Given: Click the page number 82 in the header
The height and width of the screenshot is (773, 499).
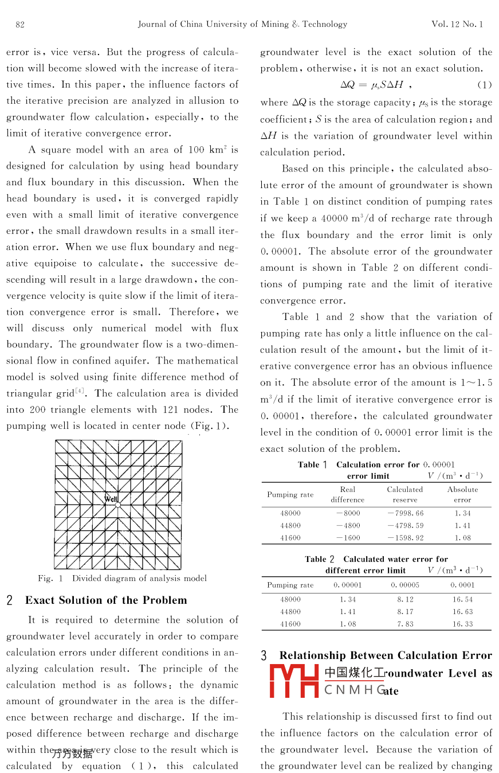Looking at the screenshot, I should click(x=20, y=24).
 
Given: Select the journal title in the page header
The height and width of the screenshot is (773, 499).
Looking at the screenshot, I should click(x=242, y=24).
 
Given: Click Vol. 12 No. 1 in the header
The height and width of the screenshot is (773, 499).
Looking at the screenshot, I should click(x=457, y=24).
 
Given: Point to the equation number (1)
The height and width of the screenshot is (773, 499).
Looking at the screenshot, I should click(x=485, y=85).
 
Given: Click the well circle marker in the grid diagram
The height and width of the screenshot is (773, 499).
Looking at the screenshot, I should click(x=118, y=505).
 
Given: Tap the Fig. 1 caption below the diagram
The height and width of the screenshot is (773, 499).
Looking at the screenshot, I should click(x=122, y=578).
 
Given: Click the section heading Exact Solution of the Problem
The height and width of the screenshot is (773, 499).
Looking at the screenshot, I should click(x=106, y=600).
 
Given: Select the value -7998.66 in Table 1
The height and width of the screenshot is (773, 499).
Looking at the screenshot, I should click(x=406, y=513).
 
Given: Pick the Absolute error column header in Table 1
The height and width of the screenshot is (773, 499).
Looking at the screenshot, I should click(x=462, y=494).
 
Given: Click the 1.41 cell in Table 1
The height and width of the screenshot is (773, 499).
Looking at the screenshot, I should click(x=462, y=525).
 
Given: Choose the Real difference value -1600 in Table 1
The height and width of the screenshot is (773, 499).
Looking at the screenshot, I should click(x=348, y=538).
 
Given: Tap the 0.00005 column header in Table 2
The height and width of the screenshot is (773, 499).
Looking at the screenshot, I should click(x=405, y=585).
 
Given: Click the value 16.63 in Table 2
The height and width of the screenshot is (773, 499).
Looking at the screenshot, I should click(x=462, y=611).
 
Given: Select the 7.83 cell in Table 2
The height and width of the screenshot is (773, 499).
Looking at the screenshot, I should click(x=405, y=624).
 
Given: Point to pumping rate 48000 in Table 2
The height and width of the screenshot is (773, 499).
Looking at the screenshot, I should click(x=290, y=599).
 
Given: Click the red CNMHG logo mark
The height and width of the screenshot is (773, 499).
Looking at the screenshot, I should click(x=294, y=681).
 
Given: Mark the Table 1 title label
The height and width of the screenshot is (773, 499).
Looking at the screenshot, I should click(x=312, y=464).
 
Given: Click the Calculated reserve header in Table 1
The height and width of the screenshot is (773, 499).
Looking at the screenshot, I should click(x=405, y=494).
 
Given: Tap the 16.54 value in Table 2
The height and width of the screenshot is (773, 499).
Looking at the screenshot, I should click(x=462, y=599).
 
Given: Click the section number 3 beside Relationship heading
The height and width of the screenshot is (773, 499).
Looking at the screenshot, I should click(x=264, y=656).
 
